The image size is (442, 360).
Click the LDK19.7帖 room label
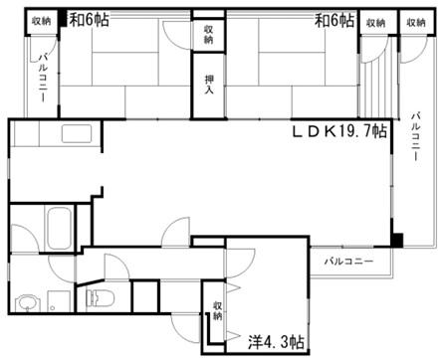pyautogui.click(x=339, y=131)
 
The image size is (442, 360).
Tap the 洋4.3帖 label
pyautogui.click(x=276, y=341)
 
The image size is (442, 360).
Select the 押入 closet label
pyautogui.click(x=209, y=85)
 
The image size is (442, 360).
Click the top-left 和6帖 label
pyautogui.click(x=89, y=20)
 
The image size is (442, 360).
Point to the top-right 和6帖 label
pyautogui.click(x=334, y=20)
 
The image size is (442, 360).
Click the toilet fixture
pyautogui.click(x=100, y=296)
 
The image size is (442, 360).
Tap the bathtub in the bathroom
pyautogui.click(x=60, y=229)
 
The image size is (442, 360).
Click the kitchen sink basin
pyautogui.click(x=77, y=133)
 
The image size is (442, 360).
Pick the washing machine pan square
pyautogui.click(x=59, y=301)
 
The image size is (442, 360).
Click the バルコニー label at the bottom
pyautogui.click(x=348, y=262)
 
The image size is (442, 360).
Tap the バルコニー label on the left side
pyautogui.click(x=43, y=79)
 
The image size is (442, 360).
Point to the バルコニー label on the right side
pyautogui.click(x=416, y=136)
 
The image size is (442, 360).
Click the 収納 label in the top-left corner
pyautogui.click(x=42, y=21)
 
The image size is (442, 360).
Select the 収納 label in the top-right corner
pyautogui.click(x=416, y=23)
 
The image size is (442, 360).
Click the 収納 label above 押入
pyautogui.click(x=208, y=35)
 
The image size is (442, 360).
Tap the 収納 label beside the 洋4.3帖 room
pyautogui.click(x=217, y=310)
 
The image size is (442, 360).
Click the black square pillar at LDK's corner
pyautogui.click(x=397, y=241)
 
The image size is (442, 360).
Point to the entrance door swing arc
pyautogui.click(x=181, y=331)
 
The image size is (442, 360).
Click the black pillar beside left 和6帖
pyautogui.click(x=64, y=19)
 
